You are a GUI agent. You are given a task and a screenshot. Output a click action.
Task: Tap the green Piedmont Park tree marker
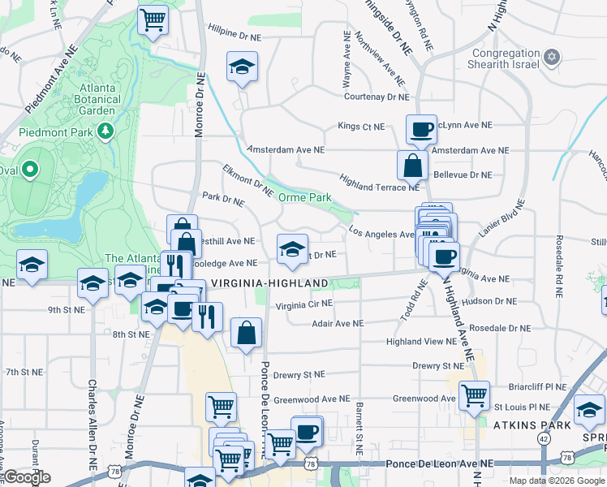click(105, 131)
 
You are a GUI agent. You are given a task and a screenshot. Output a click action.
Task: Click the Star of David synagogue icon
click(552, 56)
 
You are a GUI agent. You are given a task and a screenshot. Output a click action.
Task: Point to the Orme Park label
click(304, 197)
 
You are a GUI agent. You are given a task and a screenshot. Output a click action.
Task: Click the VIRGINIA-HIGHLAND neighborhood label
click(269, 283)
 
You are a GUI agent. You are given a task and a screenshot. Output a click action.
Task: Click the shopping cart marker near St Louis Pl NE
click(474, 395)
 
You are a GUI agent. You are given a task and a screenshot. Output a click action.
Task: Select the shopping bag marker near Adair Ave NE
click(246, 332)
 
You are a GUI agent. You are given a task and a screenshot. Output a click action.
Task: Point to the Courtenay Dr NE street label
click(377, 97)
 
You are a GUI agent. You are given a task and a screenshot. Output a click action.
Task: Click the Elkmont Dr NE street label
click(248, 180)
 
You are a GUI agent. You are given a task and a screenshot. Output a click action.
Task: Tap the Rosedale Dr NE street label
click(499, 328)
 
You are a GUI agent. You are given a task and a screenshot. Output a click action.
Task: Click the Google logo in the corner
click(28, 477)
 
